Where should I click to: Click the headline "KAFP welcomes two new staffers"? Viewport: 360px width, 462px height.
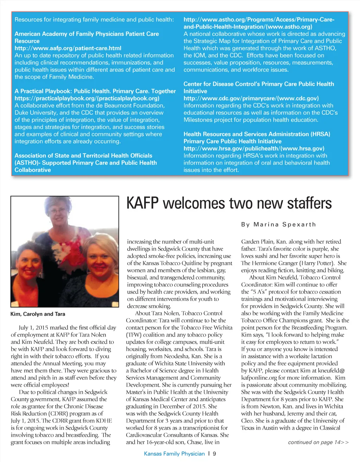click(x=229, y=204)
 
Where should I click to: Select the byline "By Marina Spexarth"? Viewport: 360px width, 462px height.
click(x=278, y=224)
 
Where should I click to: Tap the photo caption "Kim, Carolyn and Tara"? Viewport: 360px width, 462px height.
click(x=38, y=314)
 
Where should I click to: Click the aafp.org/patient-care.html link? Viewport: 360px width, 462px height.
click(x=68, y=48)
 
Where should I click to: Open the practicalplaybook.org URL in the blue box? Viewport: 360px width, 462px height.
click(x=87, y=98)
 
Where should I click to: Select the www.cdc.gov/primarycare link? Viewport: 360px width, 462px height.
click(x=251, y=98)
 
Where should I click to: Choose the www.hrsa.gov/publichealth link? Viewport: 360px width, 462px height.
click(x=254, y=148)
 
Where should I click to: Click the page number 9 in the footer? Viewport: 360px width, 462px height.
click(x=214, y=454)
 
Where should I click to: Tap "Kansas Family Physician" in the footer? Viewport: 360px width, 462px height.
click(x=174, y=454)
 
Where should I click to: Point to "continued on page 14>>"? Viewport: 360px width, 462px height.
click(x=318, y=442)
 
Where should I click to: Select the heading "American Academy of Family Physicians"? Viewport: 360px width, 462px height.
click(x=86, y=34)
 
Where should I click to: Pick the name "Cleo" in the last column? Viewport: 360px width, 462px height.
click(x=247, y=421)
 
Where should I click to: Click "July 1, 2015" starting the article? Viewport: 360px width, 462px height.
click(x=33, y=328)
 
